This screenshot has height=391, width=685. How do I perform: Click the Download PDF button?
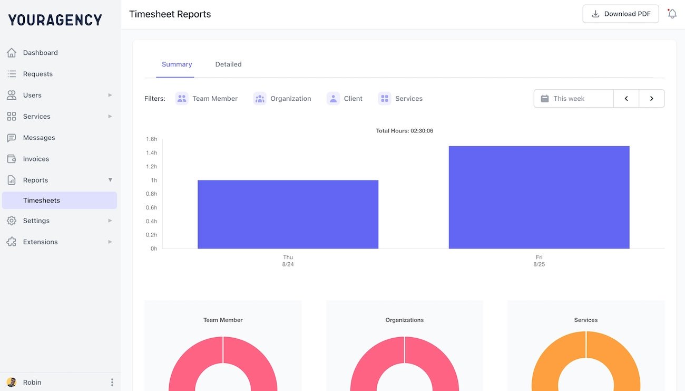(621, 14)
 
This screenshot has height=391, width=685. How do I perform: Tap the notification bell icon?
(672, 14)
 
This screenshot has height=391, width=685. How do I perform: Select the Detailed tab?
(228, 64)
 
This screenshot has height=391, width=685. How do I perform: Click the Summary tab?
(177, 64)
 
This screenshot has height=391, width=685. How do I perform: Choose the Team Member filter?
(207, 99)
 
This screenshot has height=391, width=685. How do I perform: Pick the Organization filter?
(282, 99)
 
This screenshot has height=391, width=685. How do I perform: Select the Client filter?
(345, 99)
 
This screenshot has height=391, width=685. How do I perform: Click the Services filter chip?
(401, 99)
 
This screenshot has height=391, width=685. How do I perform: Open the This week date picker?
(573, 99)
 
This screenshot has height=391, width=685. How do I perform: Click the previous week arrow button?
(626, 99)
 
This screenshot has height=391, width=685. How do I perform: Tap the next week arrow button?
(652, 99)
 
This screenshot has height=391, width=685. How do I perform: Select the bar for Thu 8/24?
(288, 214)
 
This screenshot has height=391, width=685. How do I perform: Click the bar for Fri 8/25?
(539, 197)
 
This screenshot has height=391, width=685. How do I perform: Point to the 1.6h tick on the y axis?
(151, 139)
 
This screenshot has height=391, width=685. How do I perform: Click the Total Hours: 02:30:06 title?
(404, 131)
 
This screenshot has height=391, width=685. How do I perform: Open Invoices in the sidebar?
(36, 159)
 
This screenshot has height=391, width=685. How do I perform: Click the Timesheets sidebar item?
(42, 201)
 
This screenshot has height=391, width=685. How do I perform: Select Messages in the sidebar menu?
(39, 138)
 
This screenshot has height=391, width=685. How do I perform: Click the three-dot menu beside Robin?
(112, 383)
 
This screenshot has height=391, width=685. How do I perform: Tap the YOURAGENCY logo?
(55, 20)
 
